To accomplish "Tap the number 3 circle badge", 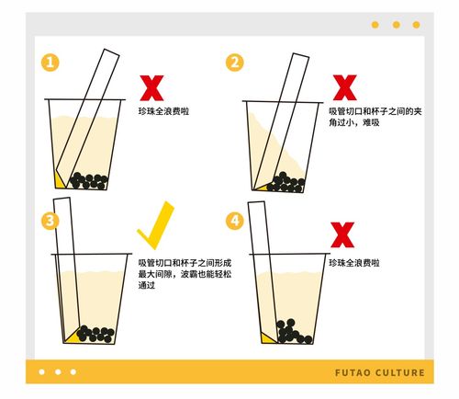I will (x=50, y=221).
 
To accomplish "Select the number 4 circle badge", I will (x=235, y=221).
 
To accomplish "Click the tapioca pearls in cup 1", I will (x=89, y=180).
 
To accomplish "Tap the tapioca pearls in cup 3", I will (x=94, y=333).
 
